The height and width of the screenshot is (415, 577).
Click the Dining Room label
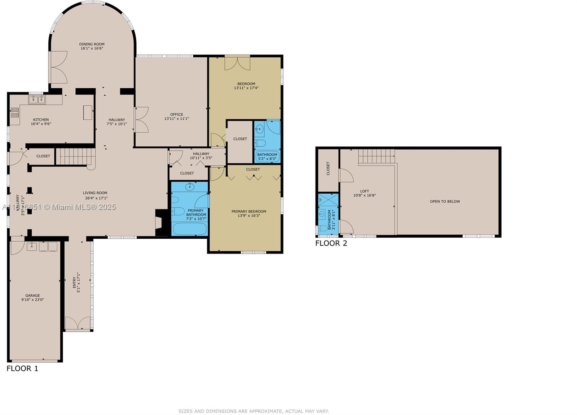point(92,44)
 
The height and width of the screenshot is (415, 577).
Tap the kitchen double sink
point(37,100)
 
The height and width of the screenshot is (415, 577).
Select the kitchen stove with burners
point(14,113)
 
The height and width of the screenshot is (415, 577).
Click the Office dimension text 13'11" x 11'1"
point(177,119)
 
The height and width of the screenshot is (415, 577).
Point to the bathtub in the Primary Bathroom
point(190,229)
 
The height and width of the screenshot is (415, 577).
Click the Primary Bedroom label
point(249,212)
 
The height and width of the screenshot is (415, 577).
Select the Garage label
point(32,296)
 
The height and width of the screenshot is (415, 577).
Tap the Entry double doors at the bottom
point(78,323)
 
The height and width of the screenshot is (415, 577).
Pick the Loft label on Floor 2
point(365,191)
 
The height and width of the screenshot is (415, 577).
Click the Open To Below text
point(445,202)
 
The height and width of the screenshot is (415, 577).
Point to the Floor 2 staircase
point(376,156)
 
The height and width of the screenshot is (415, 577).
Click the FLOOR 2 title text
point(331,243)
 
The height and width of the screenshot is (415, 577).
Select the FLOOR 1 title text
point(22,368)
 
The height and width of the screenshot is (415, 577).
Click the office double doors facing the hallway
point(141,119)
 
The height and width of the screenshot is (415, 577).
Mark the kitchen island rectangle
point(88,112)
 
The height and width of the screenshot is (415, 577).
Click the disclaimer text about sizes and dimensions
point(254,411)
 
